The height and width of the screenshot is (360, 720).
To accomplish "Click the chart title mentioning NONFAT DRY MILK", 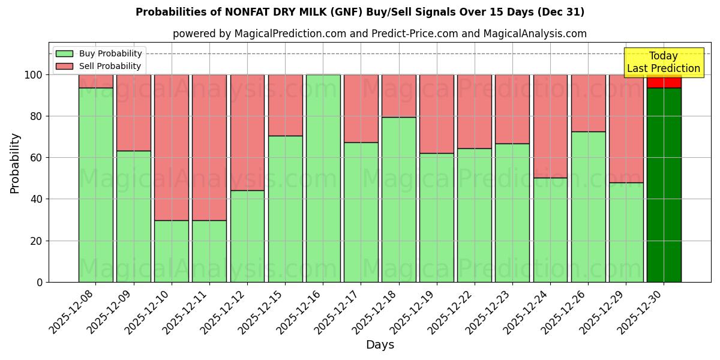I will pyautogui.click(x=360, y=12).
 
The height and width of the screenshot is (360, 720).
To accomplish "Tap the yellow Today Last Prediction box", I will pyautogui.click(x=664, y=62).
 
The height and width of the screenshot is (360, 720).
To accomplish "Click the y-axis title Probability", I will pyautogui.click(x=15, y=163).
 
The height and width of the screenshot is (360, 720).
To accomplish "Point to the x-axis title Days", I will pyautogui.click(x=380, y=345).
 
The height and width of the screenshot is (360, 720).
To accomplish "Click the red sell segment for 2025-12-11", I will pyautogui.click(x=209, y=148).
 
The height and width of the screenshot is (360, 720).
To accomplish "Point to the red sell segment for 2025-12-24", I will pyautogui.click(x=550, y=126).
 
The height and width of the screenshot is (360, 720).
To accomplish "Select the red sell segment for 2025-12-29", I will pyautogui.click(x=626, y=128).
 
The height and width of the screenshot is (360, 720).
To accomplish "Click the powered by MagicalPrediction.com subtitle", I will pyautogui.click(x=380, y=34).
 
